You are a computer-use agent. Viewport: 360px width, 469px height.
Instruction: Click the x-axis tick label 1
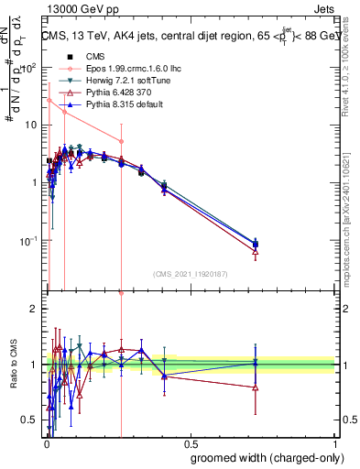pyautogui.click(x=335, y=443)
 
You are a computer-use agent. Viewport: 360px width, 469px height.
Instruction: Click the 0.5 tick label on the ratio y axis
pyautogui.click(x=29, y=420)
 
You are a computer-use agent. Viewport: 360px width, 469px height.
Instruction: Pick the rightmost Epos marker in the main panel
pyautogui.click(x=121, y=141)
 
